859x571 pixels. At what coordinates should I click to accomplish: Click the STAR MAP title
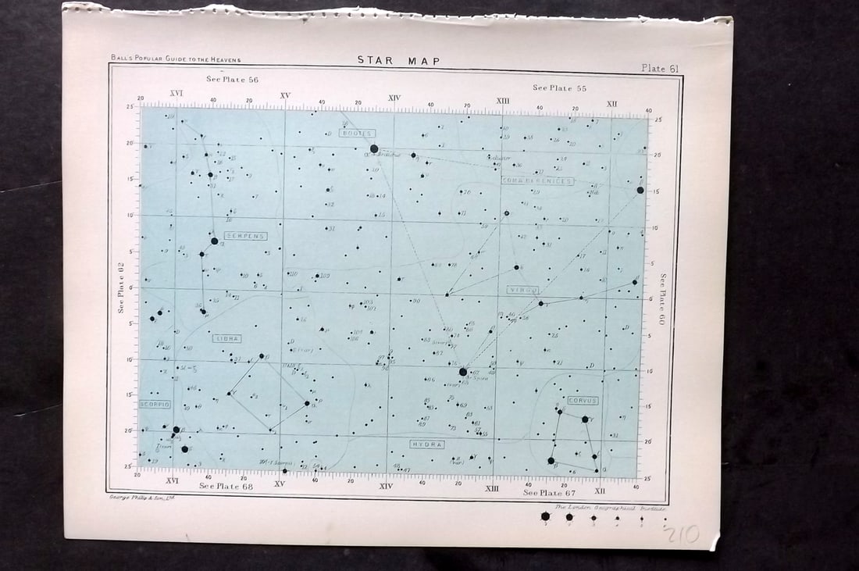tap(399, 61)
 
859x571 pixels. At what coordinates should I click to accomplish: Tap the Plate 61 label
tap(660, 69)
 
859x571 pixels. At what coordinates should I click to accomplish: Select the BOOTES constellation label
tap(358, 134)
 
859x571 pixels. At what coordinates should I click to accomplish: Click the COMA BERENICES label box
tap(537, 180)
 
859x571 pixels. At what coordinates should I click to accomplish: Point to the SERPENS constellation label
tap(245, 236)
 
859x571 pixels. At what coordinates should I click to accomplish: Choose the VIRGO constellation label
tap(522, 290)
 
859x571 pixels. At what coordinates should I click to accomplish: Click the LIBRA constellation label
tap(226, 339)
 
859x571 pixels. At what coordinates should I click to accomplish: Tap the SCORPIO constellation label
tap(155, 405)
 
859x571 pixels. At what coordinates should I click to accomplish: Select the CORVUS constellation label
tap(583, 401)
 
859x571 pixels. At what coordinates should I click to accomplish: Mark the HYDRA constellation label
tap(427, 444)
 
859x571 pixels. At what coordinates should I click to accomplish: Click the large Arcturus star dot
tap(374, 148)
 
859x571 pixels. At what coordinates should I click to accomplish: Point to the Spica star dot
tap(463, 372)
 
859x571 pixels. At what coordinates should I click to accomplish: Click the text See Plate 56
tap(232, 80)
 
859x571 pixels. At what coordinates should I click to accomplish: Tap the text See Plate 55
tap(559, 88)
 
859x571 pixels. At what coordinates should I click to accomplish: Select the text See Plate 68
tap(226, 486)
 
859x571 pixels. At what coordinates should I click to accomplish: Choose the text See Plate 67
tap(549, 493)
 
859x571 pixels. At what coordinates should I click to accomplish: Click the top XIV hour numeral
tap(394, 98)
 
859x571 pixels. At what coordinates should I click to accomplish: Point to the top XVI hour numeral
tap(176, 94)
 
